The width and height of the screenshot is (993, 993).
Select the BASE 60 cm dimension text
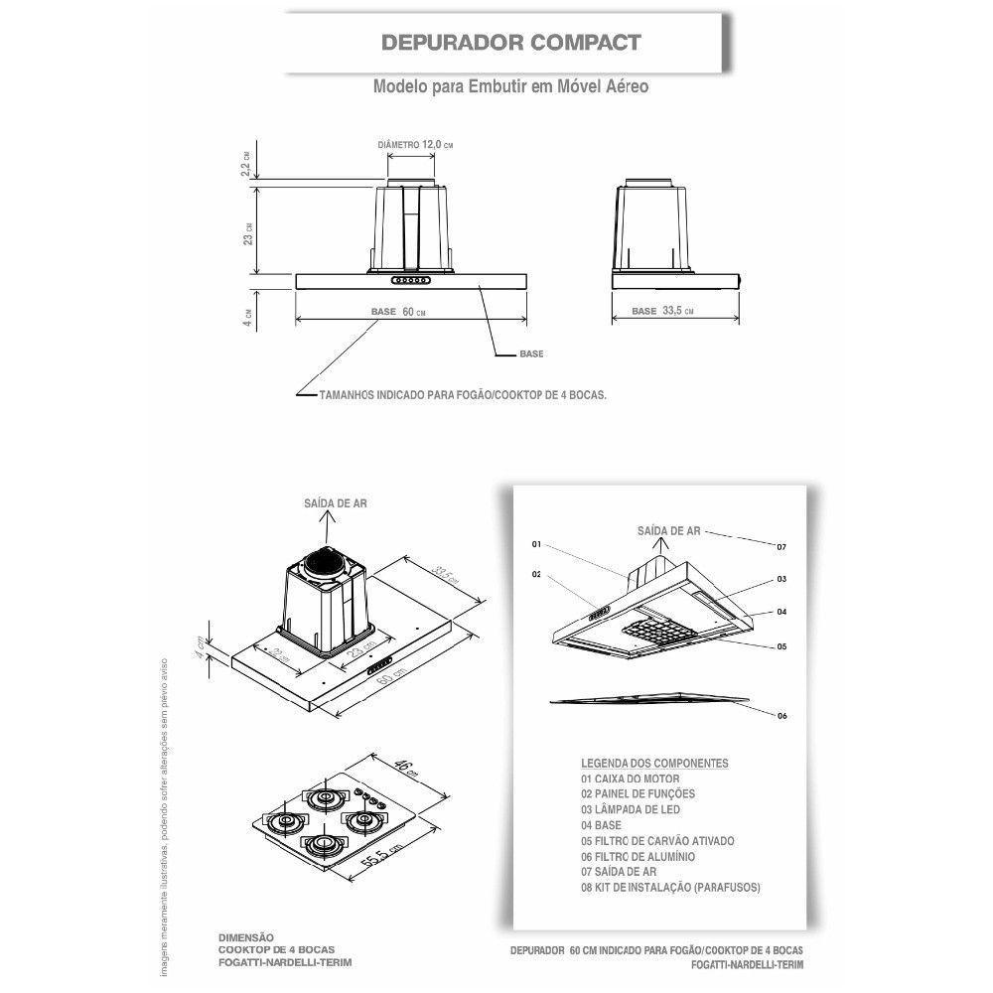tap(398, 311)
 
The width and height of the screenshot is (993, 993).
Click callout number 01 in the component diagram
tap(536, 545)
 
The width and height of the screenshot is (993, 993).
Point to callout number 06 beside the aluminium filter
tap(781, 716)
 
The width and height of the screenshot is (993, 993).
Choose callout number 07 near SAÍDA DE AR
tap(781, 547)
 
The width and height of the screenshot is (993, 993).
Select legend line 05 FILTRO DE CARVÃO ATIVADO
tap(657, 840)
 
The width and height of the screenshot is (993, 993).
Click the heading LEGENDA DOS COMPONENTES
tap(654, 763)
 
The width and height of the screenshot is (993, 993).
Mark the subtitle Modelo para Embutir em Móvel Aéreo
tap(510, 86)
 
